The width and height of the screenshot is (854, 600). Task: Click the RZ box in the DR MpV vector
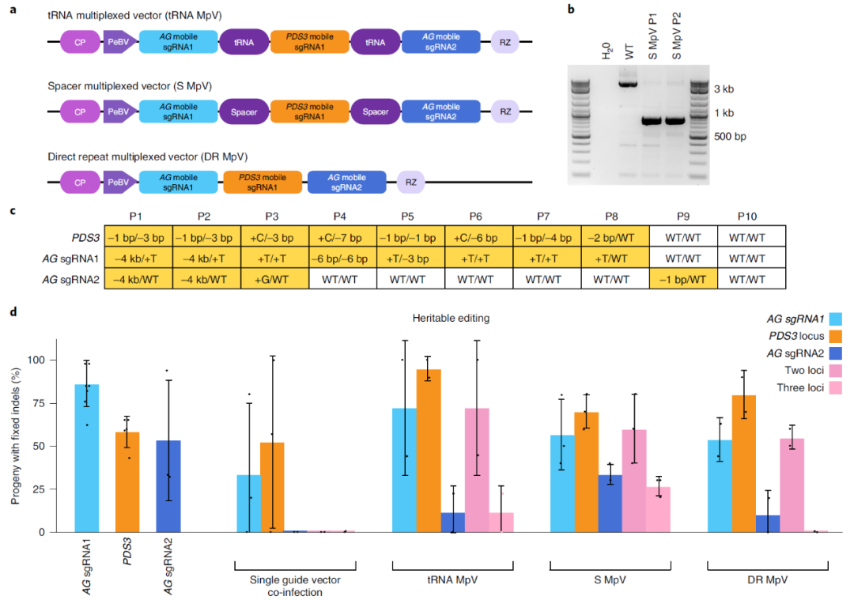point(411,183)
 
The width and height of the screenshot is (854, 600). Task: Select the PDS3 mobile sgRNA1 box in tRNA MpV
point(309,43)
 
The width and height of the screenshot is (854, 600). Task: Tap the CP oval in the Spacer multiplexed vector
point(80,112)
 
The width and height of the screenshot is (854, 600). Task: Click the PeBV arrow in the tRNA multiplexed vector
point(119,43)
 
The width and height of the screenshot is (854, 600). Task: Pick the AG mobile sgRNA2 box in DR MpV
point(347,183)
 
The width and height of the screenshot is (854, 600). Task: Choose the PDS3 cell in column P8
point(614,236)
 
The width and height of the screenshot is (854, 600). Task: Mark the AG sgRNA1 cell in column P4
point(342,257)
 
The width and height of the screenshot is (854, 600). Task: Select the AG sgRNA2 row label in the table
point(72,278)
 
